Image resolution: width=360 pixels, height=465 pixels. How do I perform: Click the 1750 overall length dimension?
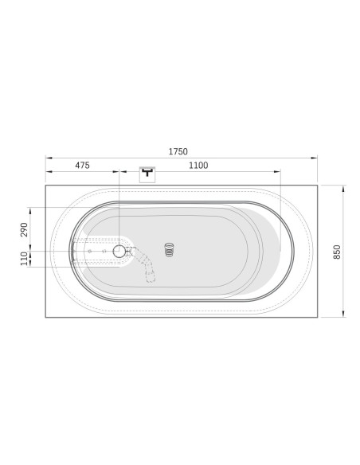(x=178, y=151)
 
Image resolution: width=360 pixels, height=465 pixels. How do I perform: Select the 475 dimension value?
(x=82, y=165)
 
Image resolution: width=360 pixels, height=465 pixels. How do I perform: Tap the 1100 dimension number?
(x=198, y=165)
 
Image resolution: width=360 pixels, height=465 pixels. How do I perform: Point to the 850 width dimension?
(x=337, y=252)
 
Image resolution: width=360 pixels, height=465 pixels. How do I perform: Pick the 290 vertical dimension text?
(x=24, y=229)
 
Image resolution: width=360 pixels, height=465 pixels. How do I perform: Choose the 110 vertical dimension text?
(x=24, y=258)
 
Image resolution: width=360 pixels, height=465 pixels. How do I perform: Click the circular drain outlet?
(x=119, y=251)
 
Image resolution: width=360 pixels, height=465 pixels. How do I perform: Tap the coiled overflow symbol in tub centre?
(x=169, y=249)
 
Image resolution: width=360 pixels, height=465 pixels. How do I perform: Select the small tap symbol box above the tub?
(x=147, y=174)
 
